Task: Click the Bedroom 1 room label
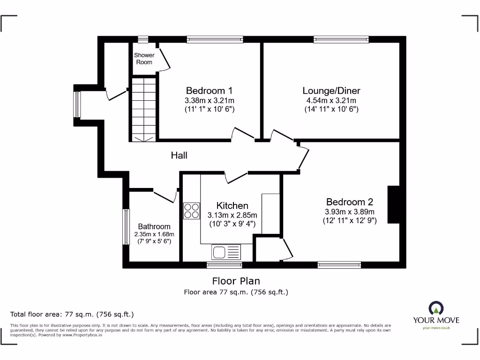[209, 90]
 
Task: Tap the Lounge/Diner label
[331, 90]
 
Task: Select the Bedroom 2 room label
[349, 202]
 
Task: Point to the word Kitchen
[232, 206]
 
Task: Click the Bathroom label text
[154, 227]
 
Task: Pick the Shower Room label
[144, 59]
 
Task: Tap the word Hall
[179, 155]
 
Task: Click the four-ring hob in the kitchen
[191, 210]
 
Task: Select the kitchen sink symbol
[226, 252]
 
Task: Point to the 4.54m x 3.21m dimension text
[331, 101]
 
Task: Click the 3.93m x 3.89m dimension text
[349, 212]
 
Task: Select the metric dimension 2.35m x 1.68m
[154, 234]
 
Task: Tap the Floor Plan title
[236, 281]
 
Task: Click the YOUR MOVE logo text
[435, 320]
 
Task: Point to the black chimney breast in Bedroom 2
[393, 204]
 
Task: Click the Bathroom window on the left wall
[126, 227]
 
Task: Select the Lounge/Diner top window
[341, 40]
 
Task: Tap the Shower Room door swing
[163, 60]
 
